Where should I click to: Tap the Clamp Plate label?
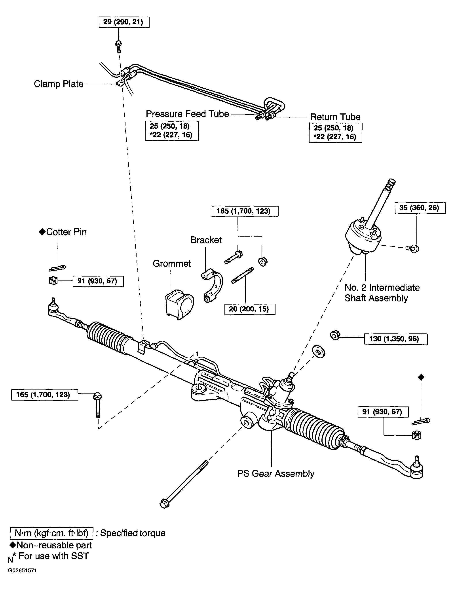[59, 84]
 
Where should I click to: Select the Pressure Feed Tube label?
[187, 114]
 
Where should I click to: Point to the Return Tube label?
[335, 117]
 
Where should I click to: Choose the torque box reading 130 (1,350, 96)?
[396, 339]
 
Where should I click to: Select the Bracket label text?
[206, 240]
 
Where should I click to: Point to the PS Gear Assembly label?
[275, 474]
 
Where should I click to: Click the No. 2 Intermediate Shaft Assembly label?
[382, 293]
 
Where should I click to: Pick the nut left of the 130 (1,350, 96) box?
[335, 335]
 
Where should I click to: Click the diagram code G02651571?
[22, 578]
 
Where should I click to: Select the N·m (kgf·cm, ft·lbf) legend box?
[51, 533]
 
